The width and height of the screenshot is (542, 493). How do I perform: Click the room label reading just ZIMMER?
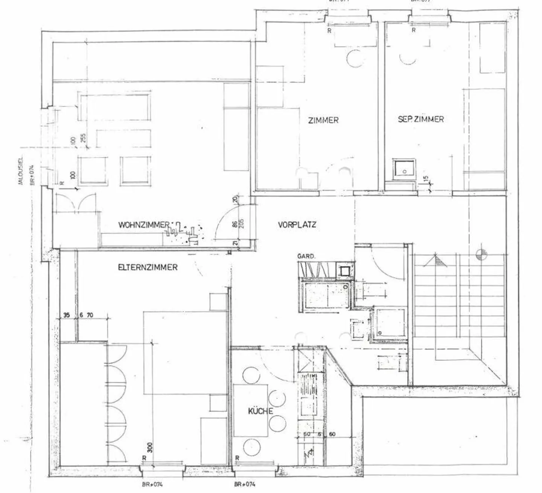pos(323,120)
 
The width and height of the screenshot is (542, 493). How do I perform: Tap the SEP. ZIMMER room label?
pos(421,119)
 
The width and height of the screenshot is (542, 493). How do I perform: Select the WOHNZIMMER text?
pos(144,225)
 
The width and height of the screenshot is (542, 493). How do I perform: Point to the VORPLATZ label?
pos(297,225)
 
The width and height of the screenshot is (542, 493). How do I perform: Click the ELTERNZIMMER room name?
pos(148,267)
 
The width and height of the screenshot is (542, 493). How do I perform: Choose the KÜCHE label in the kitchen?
pos(260,411)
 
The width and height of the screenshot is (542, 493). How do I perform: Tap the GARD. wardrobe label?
pos(306,256)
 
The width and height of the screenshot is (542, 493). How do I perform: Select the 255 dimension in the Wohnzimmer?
pos(83,138)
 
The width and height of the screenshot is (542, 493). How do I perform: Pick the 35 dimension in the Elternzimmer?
pos(66,315)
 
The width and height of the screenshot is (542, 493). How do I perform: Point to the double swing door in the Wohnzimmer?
pos(75,203)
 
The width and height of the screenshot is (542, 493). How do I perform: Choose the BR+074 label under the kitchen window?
pos(245,484)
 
